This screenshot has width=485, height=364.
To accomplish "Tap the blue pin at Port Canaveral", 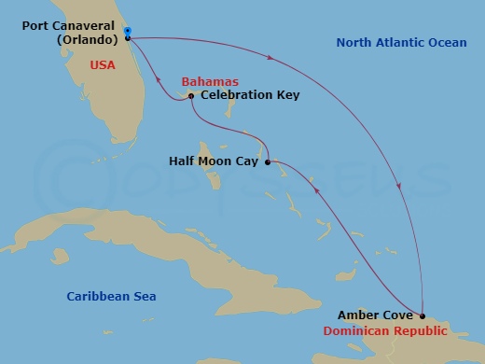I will [x=128, y=31].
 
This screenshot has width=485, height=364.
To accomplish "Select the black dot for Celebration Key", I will [x=190, y=95].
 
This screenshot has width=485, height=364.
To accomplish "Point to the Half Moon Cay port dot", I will [x=268, y=162].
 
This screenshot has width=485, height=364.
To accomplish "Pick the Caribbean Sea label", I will [x=111, y=297].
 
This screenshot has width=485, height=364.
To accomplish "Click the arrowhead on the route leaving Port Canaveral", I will [x=271, y=58].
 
